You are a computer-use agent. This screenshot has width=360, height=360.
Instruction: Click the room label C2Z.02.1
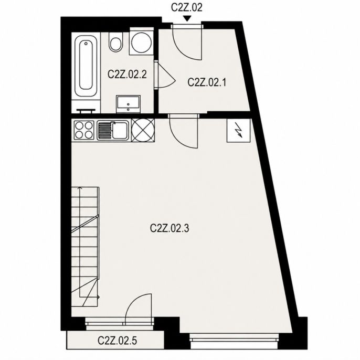click(207, 82)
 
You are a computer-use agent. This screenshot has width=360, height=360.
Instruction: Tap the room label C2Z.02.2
click(127, 75)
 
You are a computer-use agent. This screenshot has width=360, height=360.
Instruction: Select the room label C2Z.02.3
click(170, 228)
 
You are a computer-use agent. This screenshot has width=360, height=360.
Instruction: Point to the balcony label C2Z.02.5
click(118, 341)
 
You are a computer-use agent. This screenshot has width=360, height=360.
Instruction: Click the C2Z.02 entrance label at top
click(187, 7)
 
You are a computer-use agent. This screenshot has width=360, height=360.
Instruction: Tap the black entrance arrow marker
click(187, 19)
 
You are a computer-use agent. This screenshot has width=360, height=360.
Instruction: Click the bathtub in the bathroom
click(86, 66)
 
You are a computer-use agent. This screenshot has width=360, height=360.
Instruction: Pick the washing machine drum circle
click(142, 43)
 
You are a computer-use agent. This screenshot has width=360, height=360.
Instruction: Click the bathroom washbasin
click(128, 104)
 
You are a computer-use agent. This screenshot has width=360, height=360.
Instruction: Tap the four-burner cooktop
click(84, 130)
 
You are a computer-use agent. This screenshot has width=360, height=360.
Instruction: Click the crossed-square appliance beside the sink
click(143, 130)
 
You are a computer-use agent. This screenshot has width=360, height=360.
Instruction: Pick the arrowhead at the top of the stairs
click(80, 188)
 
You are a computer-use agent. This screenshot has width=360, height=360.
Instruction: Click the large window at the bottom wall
click(234, 341)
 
